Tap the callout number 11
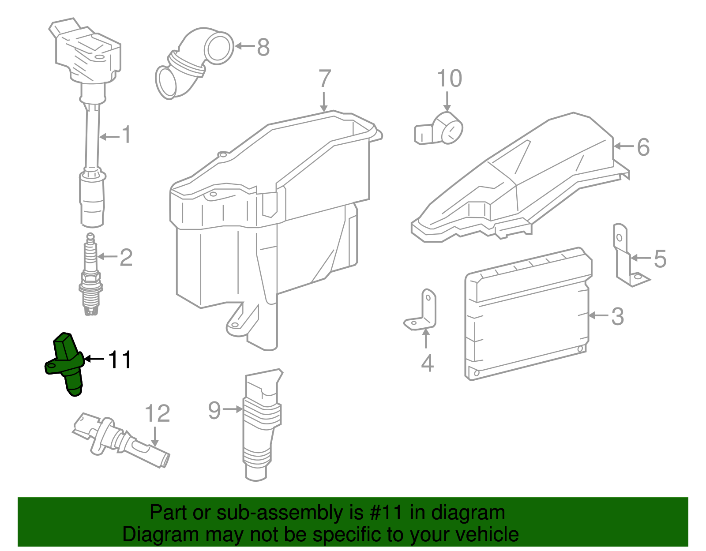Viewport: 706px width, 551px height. pyautogui.click(x=120, y=360)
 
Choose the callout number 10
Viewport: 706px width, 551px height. pyautogui.click(x=449, y=79)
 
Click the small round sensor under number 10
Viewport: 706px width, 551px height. pyautogui.click(x=441, y=130)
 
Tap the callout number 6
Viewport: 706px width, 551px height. pyautogui.click(x=643, y=147)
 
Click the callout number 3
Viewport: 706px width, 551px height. pyautogui.click(x=617, y=316)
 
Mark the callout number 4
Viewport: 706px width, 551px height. pyautogui.click(x=427, y=363)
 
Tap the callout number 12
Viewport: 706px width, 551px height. pyautogui.click(x=157, y=413)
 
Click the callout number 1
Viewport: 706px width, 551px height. pyautogui.click(x=126, y=135)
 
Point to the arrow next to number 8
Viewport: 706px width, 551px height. pyautogui.click(x=245, y=46)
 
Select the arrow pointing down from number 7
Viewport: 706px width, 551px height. pyautogui.click(x=324, y=102)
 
